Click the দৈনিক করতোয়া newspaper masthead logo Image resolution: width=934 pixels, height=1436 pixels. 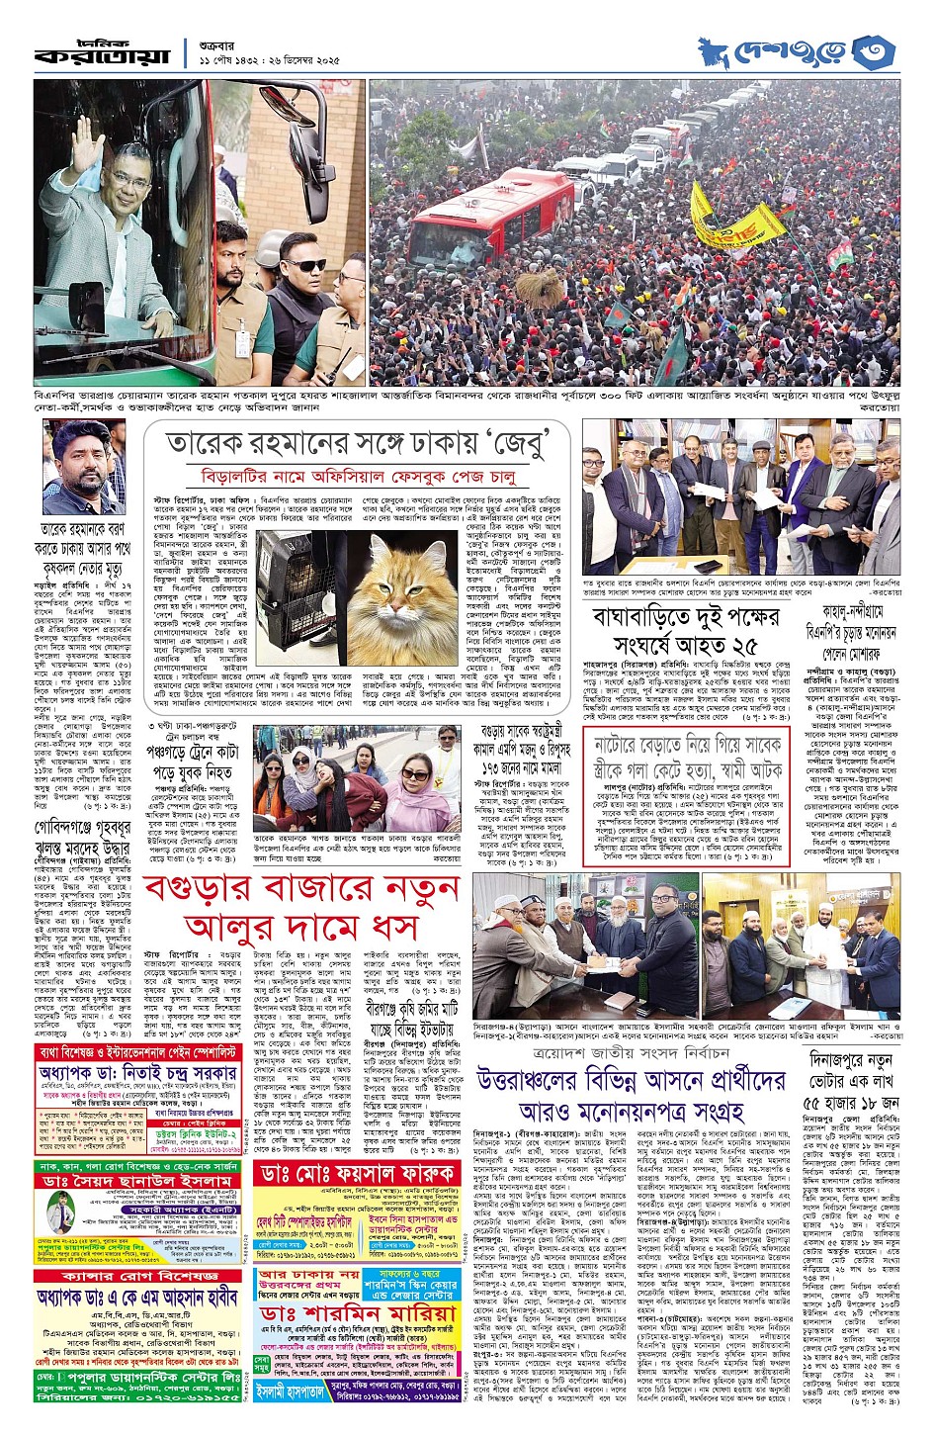point(105,51)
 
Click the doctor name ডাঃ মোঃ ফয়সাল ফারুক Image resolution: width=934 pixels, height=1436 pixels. point(357,1172)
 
